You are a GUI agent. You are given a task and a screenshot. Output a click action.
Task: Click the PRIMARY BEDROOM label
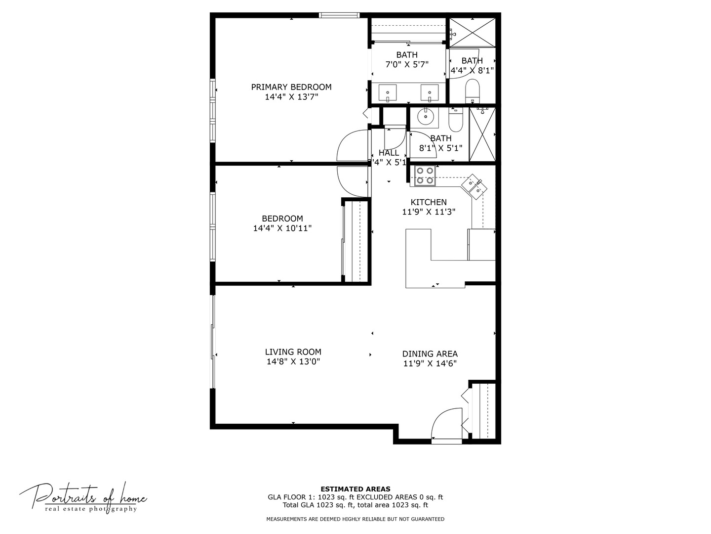[x=291, y=87]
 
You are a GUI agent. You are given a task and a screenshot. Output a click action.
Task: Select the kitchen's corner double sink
[x=474, y=186]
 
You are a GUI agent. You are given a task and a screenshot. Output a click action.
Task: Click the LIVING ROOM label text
[x=293, y=352]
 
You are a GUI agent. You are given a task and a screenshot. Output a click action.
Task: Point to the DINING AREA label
[x=430, y=354]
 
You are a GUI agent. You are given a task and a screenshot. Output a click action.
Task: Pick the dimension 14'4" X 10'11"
[x=282, y=228]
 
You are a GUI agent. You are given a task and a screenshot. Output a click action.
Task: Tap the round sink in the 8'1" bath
[x=425, y=117]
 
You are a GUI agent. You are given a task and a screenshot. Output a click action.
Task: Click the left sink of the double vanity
[x=388, y=92]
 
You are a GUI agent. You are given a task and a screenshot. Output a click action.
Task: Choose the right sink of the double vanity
[x=430, y=92]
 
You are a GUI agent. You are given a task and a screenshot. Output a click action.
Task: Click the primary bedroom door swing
[x=353, y=146]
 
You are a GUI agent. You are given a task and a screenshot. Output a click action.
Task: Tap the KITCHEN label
[x=429, y=202]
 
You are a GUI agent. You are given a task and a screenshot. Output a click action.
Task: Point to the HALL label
[x=389, y=153]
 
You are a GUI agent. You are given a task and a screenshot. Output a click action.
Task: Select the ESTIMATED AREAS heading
[x=355, y=489]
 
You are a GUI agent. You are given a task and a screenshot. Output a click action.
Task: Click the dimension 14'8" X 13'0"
[x=293, y=362]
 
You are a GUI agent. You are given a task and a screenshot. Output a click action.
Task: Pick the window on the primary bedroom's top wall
[x=339, y=15]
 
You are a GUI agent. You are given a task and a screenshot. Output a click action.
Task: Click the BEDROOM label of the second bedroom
[x=282, y=219]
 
